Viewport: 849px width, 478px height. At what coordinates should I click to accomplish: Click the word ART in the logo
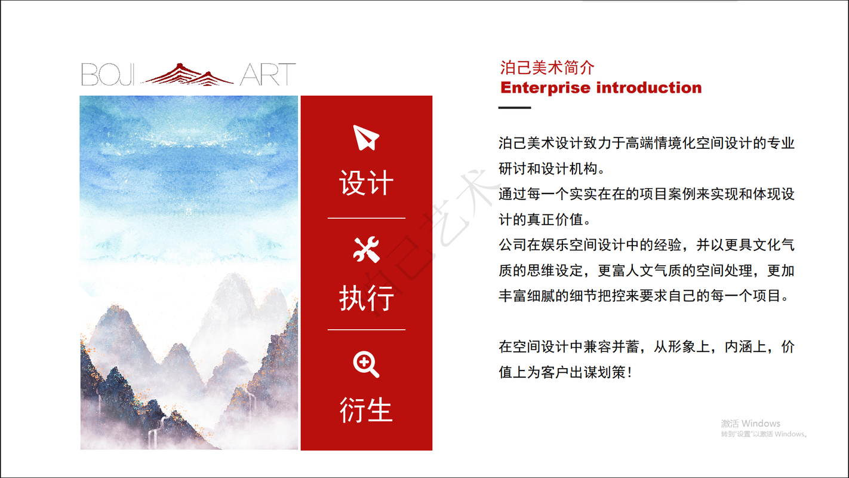[x=267, y=75]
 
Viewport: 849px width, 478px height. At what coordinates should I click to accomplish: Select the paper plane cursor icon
[x=366, y=137]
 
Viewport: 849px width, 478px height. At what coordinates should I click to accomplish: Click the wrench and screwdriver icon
[x=366, y=249]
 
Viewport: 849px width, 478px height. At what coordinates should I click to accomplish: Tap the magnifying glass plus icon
[x=366, y=364]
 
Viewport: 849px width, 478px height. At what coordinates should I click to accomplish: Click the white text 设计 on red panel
[x=366, y=183]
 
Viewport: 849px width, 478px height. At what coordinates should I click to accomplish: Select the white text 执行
[x=366, y=298]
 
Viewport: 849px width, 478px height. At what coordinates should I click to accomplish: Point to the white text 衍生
[x=366, y=410]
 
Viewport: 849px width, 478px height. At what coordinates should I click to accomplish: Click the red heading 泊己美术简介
[x=547, y=68]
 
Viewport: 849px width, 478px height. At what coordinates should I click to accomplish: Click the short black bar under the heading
[x=514, y=108]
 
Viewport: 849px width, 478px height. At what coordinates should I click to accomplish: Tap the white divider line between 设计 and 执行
[x=366, y=218]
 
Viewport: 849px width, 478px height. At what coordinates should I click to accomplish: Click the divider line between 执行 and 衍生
[x=366, y=329]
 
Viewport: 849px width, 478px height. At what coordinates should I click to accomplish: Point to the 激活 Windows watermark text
[x=750, y=423]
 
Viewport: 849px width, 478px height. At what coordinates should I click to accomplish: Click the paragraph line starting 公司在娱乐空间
[x=646, y=245]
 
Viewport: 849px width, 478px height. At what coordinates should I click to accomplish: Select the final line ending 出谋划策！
[x=564, y=372]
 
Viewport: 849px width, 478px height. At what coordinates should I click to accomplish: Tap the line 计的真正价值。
[x=545, y=219]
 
